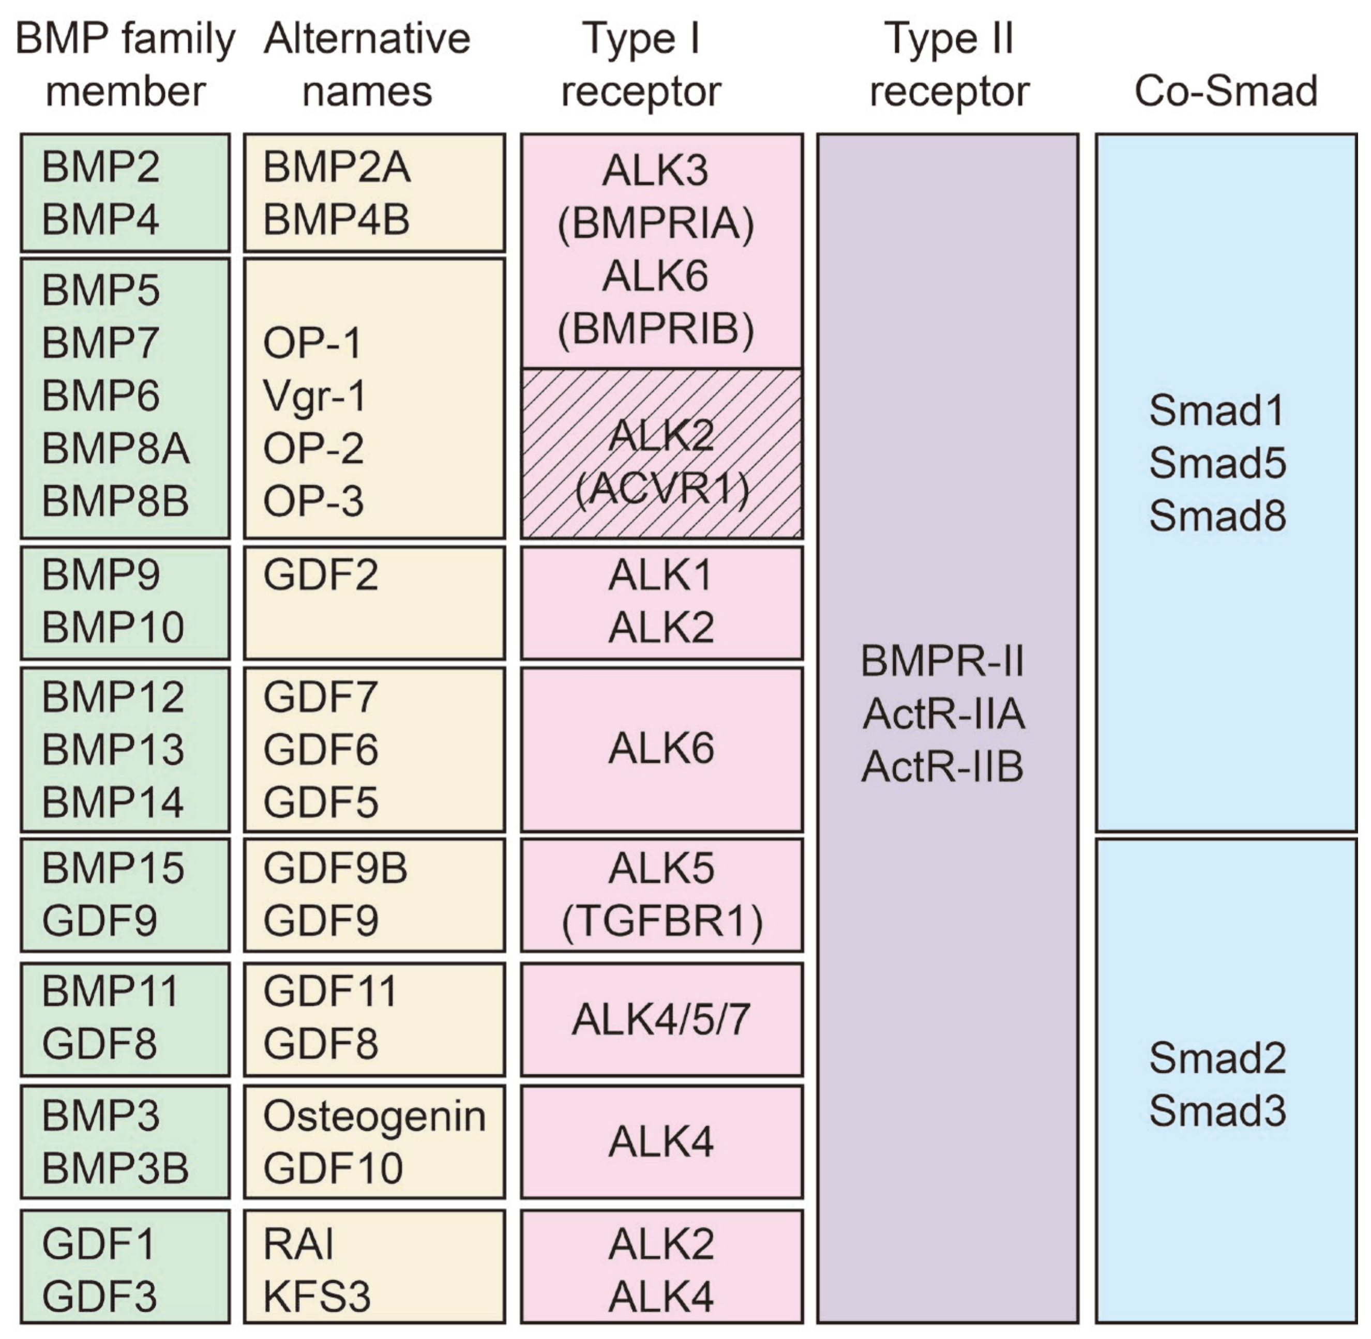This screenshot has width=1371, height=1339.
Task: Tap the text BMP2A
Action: pos(336,168)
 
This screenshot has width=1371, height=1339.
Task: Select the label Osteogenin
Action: pos(374,1116)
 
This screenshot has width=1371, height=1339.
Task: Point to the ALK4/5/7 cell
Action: pos(661,1020)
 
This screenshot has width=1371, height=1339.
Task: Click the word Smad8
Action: pos(1217,515)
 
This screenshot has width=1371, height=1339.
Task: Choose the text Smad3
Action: pos(1217,1110)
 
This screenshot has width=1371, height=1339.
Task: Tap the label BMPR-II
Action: pos(943,661)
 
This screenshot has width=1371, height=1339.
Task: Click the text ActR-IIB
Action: pos(943,767)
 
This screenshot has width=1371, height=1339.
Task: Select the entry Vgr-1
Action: pos(314,396)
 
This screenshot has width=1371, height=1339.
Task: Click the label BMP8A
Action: pos(115,449)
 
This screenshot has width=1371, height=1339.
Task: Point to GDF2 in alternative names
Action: pos(320,575)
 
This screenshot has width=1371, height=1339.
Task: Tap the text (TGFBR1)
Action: pos(661,921)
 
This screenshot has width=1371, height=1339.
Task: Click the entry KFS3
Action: pos(317,1296)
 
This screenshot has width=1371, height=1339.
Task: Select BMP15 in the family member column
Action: pos(113,868)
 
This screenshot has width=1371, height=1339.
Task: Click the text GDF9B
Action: pos(335,868)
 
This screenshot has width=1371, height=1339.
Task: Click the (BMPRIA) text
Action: pos(656,224)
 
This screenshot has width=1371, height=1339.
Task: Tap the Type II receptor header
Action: pos(949,65)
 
